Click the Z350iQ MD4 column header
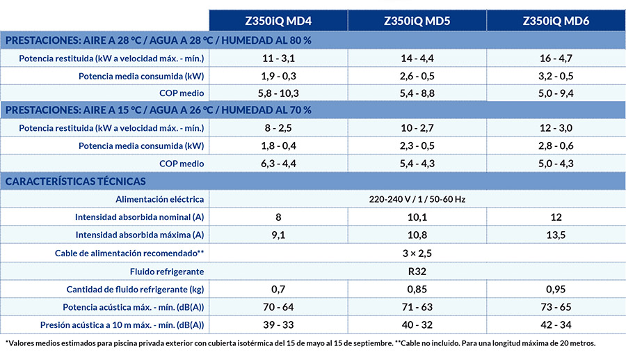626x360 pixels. click(278, 21)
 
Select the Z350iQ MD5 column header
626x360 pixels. click(417, 21)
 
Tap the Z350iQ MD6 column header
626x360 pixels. click(556, 21)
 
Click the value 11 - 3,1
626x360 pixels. click(278, 58)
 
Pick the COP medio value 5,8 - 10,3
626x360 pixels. click(278, 93)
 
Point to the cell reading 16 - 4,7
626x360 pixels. click(556, 58)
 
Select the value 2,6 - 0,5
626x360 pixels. click(417, 76)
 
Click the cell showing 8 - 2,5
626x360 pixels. click(278, 128)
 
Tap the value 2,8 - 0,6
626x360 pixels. click(556, 146)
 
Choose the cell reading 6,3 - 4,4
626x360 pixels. click(278, 164)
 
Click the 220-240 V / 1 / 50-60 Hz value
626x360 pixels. click(417, 199)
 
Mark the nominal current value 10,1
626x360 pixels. click(417, 217)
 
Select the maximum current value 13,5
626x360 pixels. click(556, 235)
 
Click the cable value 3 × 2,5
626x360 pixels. click(417, 253)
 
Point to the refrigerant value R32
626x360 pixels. click(417, 272)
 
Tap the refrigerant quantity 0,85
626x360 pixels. click(417, 289)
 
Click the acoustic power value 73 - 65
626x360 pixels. click(556, 307)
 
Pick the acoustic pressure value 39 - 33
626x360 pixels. click(278, 325)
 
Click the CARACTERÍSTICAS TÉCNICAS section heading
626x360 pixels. click(75, 182)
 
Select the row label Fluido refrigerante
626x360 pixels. click(167, 272)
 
